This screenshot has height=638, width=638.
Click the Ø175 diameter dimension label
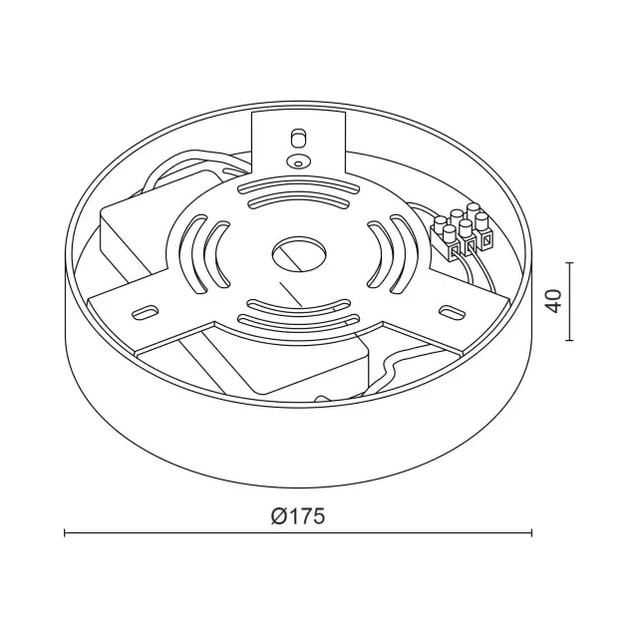click(x=298, y=516)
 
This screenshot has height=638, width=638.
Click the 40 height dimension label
click(x=554, y=301)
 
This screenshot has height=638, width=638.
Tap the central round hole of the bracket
click(x=299, y=254)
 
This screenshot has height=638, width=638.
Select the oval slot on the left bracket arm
click(x=146, y=311)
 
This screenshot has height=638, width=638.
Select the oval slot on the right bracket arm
click(x=452, y=311)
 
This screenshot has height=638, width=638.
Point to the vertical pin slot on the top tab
click(x=298, y=138)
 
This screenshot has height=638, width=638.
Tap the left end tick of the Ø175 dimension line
click(x=65, y=533)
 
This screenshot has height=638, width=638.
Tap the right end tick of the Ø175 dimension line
click(x=531, y=533)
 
